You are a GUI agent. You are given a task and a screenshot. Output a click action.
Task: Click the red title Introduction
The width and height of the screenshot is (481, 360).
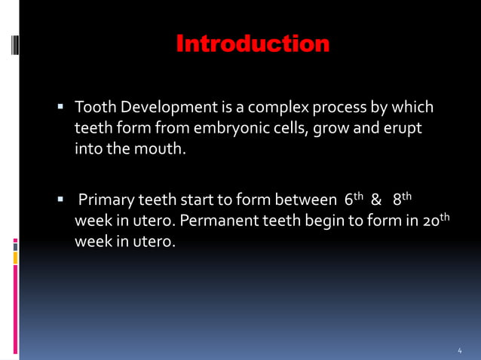253,44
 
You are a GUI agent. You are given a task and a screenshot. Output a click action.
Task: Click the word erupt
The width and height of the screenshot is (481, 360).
403,128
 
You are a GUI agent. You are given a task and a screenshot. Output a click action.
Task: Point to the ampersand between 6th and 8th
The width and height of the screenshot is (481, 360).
376,201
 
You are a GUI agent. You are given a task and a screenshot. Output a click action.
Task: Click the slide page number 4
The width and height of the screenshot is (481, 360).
460,350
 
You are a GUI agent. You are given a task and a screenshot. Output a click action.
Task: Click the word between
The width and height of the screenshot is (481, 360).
299,201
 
